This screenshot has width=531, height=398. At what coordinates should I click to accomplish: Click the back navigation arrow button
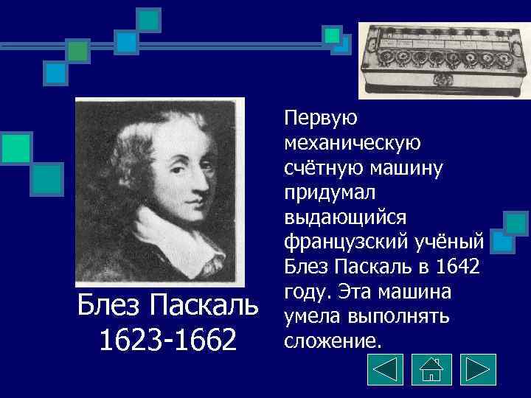tap(385, 370)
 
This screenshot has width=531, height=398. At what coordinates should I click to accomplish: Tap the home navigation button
tap(431, 370)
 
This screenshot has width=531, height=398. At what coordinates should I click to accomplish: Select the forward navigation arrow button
tap(477, 370)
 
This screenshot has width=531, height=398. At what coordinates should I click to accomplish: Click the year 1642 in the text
tap(457, 266)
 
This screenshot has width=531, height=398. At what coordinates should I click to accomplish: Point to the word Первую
tap(319, 117)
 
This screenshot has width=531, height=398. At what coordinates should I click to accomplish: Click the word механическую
tap(350, 142)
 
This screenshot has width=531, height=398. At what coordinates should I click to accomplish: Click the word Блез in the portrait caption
tap(111, 304)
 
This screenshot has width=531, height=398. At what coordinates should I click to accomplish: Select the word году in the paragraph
tap(305, 291)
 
